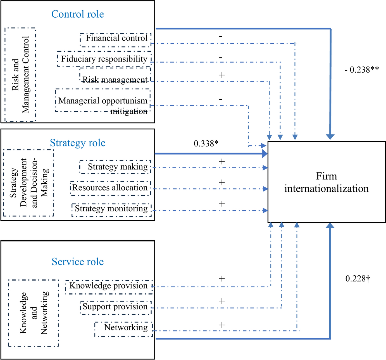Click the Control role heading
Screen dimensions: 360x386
(78, 14)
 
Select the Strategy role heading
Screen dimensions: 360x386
(78, 143)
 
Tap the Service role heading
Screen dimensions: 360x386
(78, 262)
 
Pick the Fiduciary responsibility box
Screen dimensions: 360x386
(104, 59)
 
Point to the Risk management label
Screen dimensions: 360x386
(115, 80)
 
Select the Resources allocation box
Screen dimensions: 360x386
(110, 188)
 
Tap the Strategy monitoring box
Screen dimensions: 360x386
(111, 209)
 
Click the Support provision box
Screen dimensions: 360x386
(115, 307)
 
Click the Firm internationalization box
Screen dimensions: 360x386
(327, 182)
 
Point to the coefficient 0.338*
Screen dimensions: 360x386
(206, 144)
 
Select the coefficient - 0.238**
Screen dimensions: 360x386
(362, 70)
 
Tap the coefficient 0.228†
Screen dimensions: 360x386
(358, 279)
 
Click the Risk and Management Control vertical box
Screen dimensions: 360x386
(20, 75)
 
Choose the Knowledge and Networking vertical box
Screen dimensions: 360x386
(34, 313)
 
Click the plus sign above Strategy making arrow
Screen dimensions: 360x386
(222, 162)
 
